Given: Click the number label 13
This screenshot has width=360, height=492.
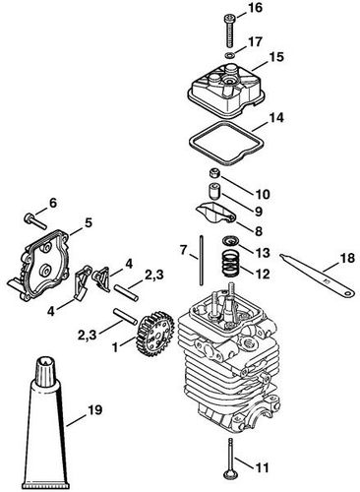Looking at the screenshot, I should point(262,253).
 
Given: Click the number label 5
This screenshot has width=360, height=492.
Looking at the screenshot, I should point(89,222).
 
